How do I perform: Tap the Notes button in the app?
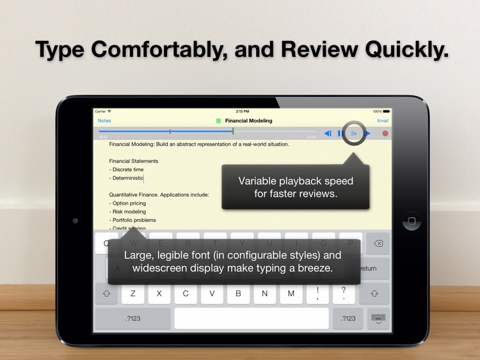click(x=104, y=121)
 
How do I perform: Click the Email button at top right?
click(x=383, y=121)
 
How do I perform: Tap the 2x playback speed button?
click(x=354, y=134)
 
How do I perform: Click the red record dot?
click(x=385, y=134)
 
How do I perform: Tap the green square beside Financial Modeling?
click(x=219, y=121)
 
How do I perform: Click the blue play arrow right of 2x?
click(x=368, y=134)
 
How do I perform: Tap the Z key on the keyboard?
click(x=133, y=293)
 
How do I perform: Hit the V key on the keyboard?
click(x=212, y=293)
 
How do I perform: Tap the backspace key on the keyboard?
click(x=378, y=244)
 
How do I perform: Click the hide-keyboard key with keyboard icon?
click(x=378, y=318)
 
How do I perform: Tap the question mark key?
click(x=344, y=293)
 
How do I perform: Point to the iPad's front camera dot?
click(x=76, y=221)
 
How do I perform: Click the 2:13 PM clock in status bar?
click(x=243, y=111)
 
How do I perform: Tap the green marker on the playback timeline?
click(x=233, y=131)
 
